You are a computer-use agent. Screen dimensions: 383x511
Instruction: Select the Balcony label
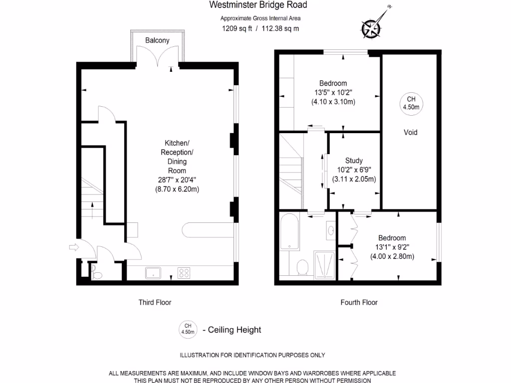pos(157,40)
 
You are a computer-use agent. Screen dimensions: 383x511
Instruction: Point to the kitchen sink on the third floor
pos(153,273)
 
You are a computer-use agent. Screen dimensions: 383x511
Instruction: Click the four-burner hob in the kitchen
pos(184,273)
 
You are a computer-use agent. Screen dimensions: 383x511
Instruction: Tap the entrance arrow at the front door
pos(73,246)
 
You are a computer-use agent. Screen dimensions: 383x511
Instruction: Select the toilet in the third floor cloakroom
pos(97,273)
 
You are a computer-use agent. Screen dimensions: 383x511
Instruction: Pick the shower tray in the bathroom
pos(325,263)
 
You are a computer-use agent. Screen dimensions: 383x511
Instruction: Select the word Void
pos(411,133)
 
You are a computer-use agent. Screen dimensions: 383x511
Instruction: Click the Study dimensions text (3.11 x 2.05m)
pos(354,179)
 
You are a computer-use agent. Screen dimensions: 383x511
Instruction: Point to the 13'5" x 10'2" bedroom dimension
pos(333,92)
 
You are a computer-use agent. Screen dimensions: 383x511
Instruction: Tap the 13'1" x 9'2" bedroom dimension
pos(392,247)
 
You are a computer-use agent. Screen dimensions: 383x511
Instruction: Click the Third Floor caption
pos(155,302)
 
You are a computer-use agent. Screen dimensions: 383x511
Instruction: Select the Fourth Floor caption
pos(359,302)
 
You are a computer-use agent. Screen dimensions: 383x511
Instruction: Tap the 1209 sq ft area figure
pos(237,28)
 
